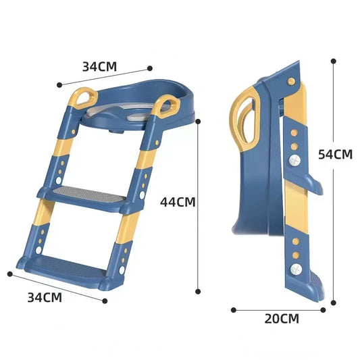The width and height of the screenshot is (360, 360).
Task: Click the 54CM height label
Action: point(335,154)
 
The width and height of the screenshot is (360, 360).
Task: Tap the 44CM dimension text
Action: point(178,201)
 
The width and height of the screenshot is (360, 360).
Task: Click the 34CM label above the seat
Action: point(99,66)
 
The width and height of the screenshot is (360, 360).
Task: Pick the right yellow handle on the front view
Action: point(166,105)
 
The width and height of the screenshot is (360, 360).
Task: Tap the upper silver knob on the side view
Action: point(295,161)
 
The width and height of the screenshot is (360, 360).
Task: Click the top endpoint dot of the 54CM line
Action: point(333,60)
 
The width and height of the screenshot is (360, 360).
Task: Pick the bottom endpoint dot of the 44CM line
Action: point(198,292)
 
